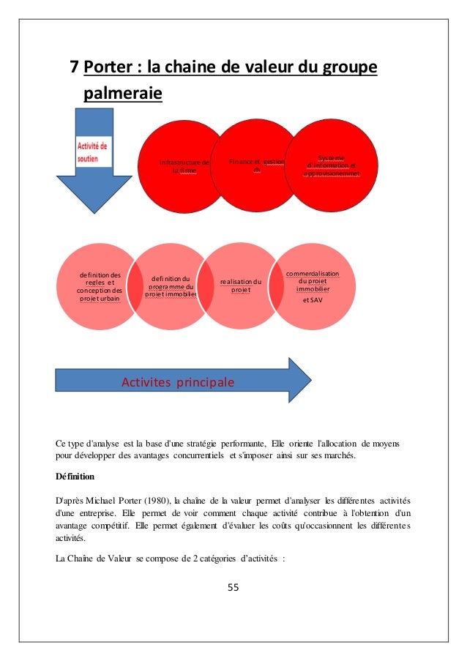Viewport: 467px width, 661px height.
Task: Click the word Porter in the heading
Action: tap(111, 68)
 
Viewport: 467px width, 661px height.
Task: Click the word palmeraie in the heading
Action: tap(123, 94)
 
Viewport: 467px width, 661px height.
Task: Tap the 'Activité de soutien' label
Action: tap(92, 152)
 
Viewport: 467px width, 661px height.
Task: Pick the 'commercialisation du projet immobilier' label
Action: tap(313, 281)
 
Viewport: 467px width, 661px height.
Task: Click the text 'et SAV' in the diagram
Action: tap(313, 299)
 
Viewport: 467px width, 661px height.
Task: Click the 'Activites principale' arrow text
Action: tap(178, 381)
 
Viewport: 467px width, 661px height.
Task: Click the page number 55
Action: tap(233, 587)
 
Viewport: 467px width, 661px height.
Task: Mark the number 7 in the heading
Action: tap(73, 68)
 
